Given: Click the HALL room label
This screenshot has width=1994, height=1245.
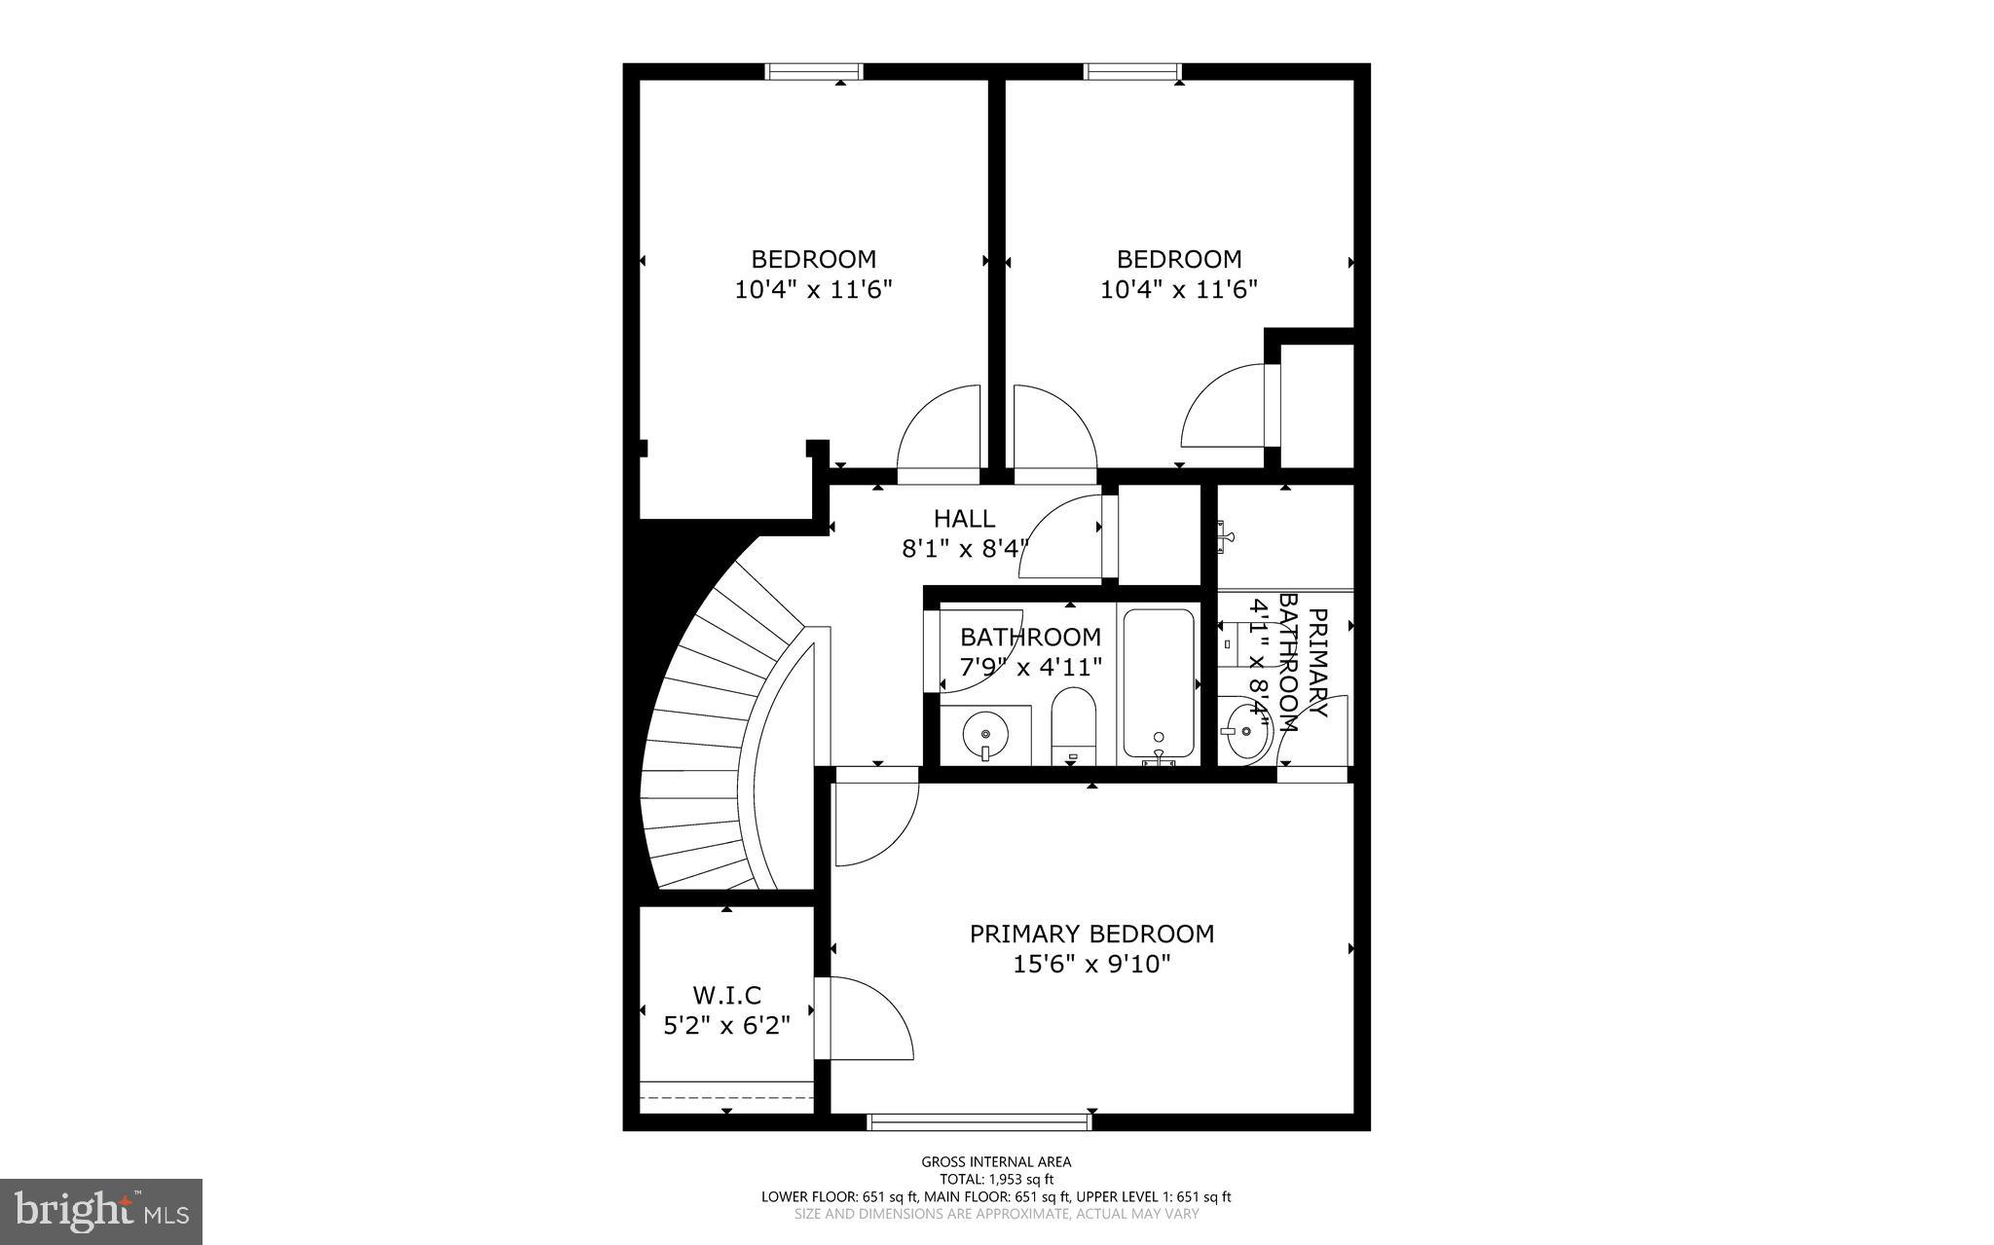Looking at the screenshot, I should [964, 519].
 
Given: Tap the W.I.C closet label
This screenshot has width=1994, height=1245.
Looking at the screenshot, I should [726, 995].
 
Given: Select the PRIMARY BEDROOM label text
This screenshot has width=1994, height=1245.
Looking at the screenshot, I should [1091, 934].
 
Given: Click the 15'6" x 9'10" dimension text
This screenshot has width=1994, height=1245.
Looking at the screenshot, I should [1091, 964].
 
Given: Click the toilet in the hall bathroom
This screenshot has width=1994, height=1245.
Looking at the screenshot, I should [1074, 725].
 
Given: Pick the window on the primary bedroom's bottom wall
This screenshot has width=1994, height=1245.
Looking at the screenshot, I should [979, 1122].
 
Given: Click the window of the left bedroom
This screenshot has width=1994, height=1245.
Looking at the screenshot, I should [814, 71].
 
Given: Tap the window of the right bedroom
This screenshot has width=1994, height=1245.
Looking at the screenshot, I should [1132, 71].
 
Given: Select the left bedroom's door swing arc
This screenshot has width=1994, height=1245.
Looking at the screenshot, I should [935, 428].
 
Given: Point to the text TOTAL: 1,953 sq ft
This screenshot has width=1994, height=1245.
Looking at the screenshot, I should [996, 1179].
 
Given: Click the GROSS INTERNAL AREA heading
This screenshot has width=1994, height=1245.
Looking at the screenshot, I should [996, 1161].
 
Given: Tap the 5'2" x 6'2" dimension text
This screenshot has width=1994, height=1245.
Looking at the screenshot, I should [726, 1025].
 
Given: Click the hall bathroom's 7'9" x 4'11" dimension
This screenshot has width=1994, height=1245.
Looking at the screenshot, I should [1030, 667].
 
